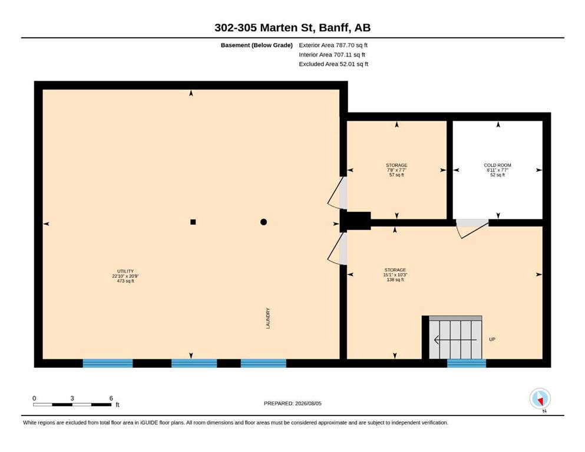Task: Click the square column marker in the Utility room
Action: [193, 222]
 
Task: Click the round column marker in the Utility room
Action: [263, 222]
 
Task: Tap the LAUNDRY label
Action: [268, 318]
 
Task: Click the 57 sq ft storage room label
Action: [396, 170]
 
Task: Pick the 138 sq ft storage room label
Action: [395, 275]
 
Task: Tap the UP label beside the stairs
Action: [492, 340]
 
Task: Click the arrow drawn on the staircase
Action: [455, 340]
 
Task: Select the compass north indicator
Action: [540, 399]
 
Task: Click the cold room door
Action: [472, 228]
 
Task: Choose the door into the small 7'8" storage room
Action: [338, 192]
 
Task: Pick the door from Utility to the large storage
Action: [338, 248]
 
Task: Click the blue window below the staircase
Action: [467, 363]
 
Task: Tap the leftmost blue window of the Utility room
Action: [107, 363]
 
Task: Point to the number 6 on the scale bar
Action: [111, 398]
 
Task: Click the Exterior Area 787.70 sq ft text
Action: [333, 45]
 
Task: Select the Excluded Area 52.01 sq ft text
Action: [333, 64]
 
